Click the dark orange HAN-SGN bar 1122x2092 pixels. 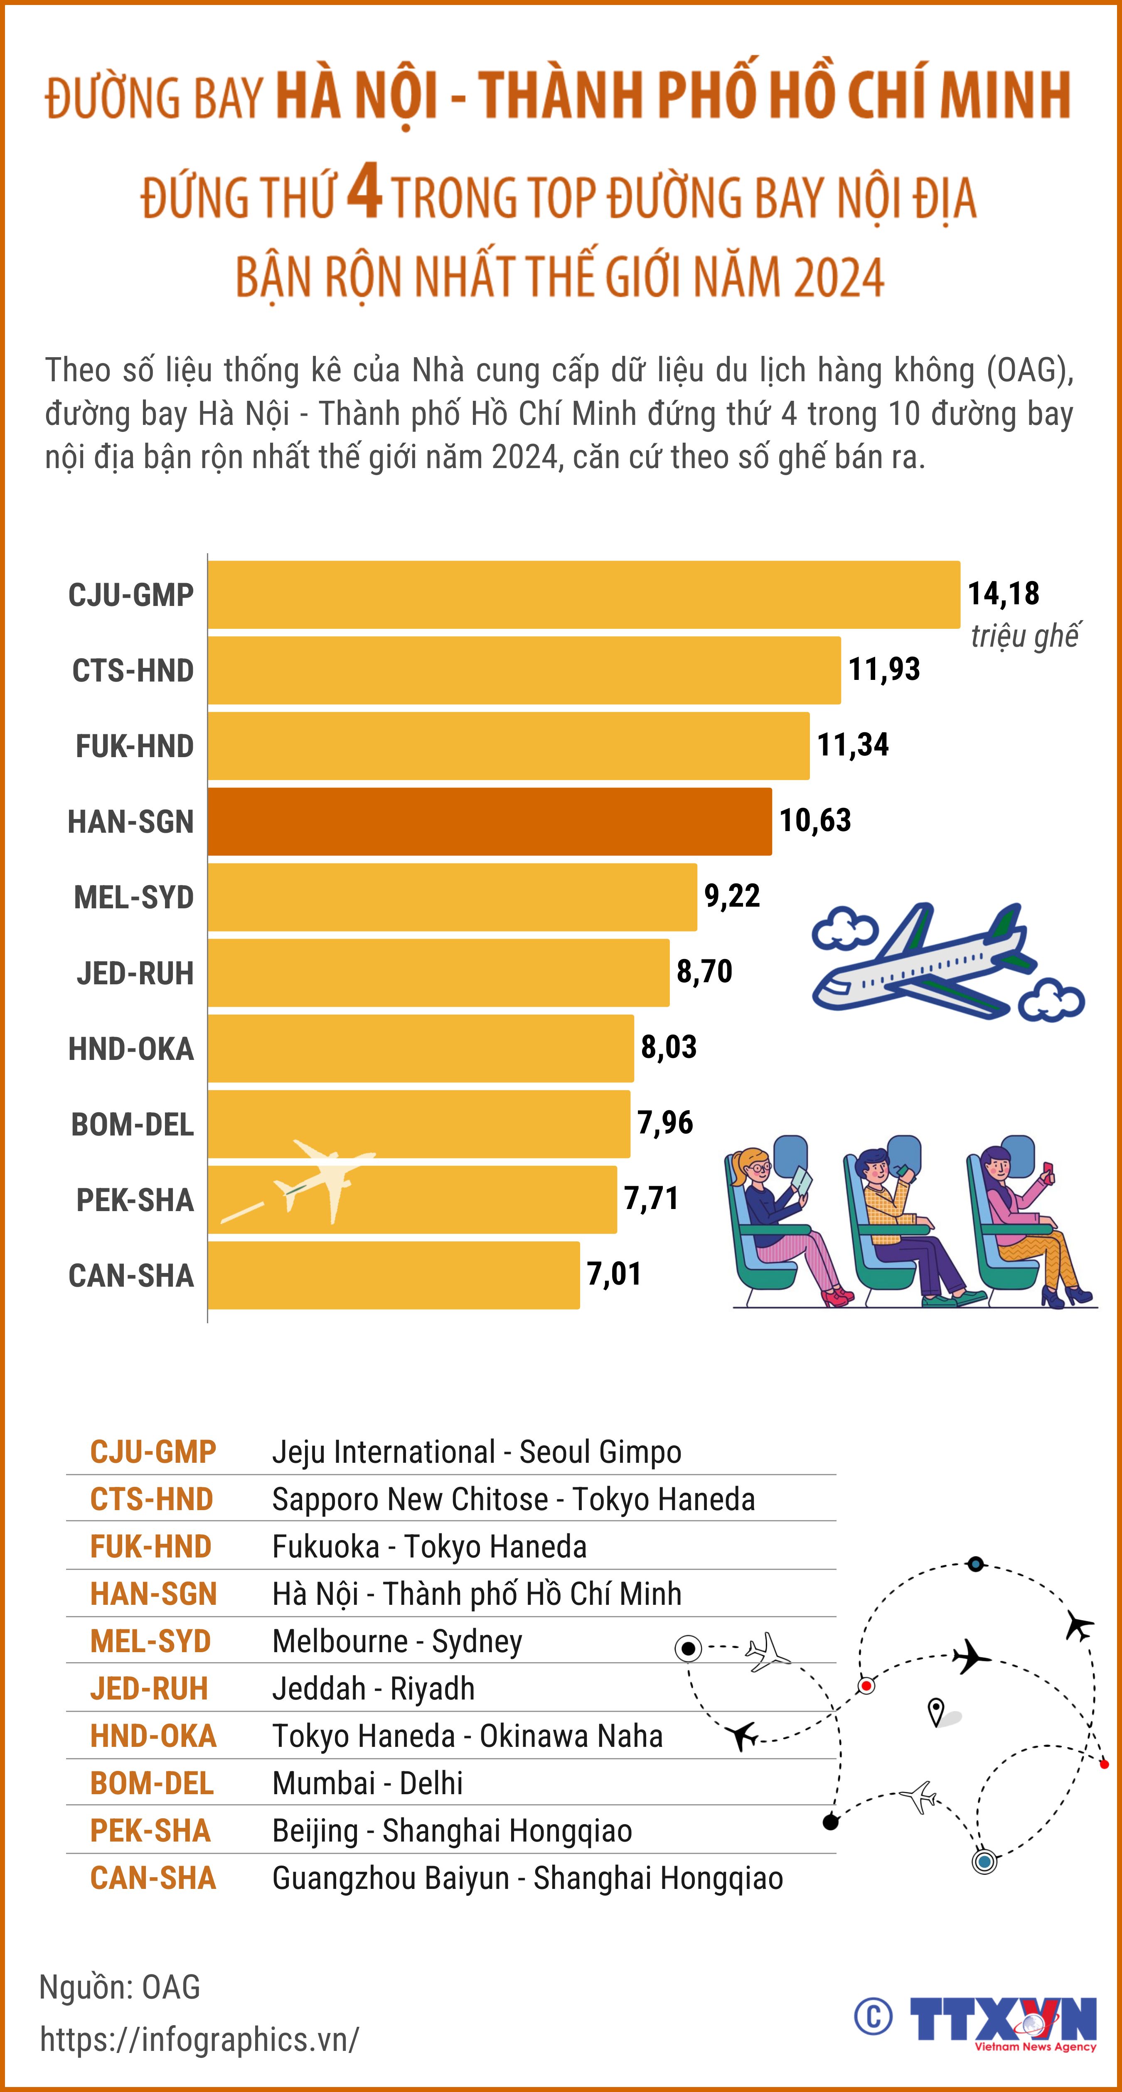coord(489,821)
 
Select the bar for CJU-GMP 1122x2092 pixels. coord(583,594)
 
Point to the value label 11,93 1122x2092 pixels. coord(884,669)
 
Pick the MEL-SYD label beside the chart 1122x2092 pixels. coord(134,898)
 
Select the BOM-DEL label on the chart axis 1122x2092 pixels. coord(133,1125)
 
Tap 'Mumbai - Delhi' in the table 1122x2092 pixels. coord(367,1783)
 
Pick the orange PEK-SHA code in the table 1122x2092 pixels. coord(150,1830)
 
